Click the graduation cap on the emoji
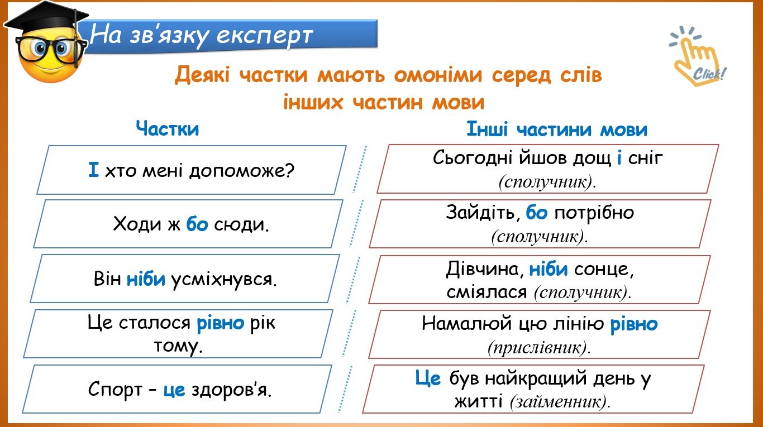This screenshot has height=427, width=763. pos(46,21)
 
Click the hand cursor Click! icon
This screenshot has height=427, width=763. pos(697,56)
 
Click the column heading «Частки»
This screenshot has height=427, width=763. pos(167,129)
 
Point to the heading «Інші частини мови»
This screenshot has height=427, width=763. pos(556,129)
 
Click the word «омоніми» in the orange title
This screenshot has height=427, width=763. pos(438,75)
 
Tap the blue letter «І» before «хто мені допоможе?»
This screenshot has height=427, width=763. pos(93,170)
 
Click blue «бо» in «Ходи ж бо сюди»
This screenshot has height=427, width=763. pos(197,224)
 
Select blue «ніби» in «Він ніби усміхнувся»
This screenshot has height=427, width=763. pos(146,279)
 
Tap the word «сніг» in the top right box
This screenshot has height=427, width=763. pos(645,158)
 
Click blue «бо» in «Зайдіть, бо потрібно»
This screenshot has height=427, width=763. pos(536,212)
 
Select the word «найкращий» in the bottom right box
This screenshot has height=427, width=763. pos(536,378)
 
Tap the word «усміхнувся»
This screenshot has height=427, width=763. pos(224,280)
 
